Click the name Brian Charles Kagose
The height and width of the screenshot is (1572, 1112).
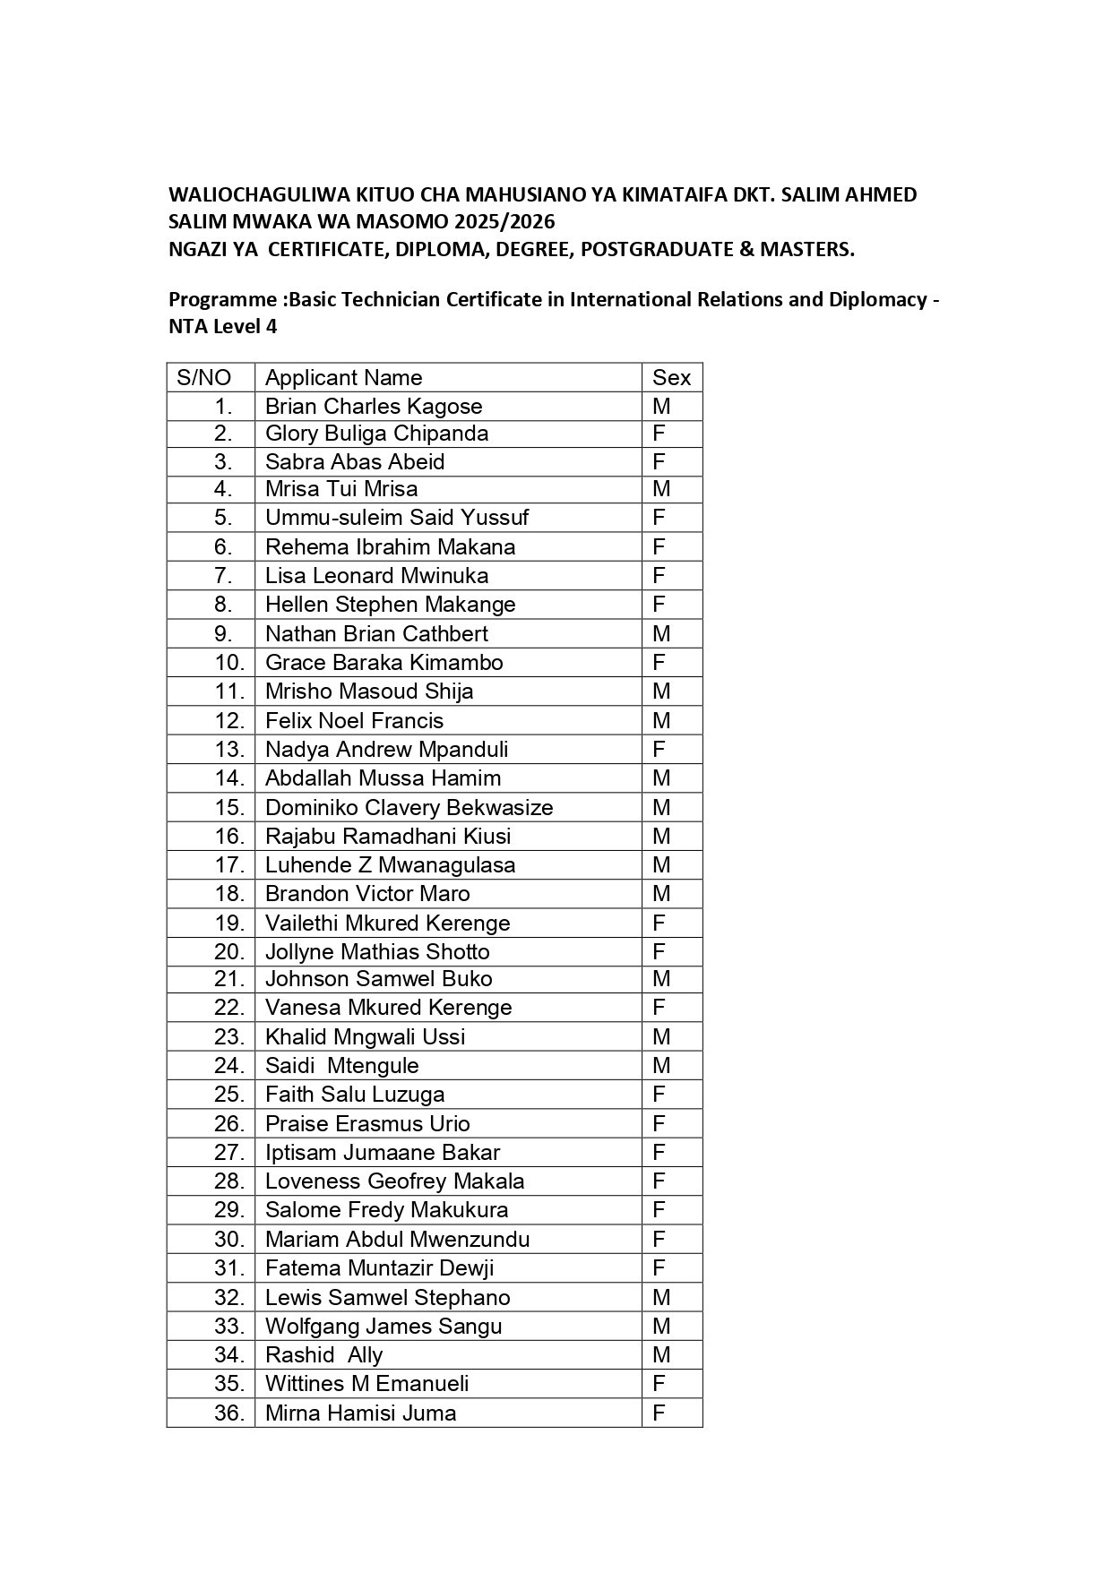coord(374,407)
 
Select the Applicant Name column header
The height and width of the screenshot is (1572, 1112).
coord(343,378)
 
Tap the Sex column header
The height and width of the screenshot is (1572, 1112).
coord(671,378)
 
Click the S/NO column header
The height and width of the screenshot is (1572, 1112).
coord(203,378)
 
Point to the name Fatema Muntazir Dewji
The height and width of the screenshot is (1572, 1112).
coord(379,1268)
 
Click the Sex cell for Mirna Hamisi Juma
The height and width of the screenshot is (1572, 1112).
coord(659,1413)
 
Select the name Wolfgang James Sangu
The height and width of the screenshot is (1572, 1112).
coord(384,1327)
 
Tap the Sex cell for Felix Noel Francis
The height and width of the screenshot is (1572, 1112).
coord(661,721)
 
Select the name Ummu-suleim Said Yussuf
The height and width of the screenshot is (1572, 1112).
coord(397,518)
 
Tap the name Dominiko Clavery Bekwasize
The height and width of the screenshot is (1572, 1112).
coord(409,808)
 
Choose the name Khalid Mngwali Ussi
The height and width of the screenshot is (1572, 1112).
coord(365,1037)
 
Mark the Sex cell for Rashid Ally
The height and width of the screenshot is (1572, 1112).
coord(661,1355)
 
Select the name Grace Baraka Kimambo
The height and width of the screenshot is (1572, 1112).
coord(384,663)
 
